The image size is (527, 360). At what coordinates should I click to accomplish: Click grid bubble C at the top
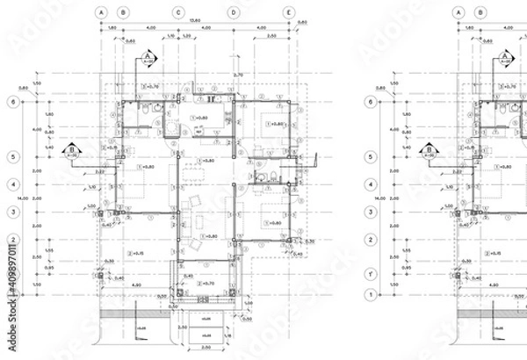(x=178, y=13)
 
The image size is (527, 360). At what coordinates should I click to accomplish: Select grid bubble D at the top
(x=234, y=13)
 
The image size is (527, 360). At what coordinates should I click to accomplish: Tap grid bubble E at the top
(x=289, y=13)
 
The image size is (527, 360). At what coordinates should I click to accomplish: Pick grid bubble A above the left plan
(x=102, y=13)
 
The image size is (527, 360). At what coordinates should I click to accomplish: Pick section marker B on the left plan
(x=71, y=150)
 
